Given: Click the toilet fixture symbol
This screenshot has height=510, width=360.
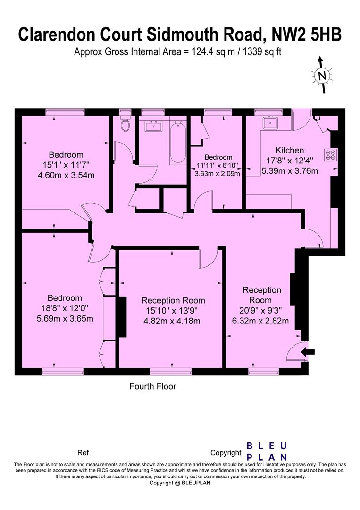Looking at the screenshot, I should (126, 125).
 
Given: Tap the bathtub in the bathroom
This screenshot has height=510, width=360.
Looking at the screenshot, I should (178, 142).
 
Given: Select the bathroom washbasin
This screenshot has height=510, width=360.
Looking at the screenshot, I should (154, 127).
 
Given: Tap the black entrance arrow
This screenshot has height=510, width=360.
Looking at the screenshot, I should (308, 351).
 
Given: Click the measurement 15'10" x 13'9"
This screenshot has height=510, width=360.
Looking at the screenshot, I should (173, 311).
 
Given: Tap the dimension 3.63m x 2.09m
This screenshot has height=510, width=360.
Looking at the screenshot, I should (218, 173).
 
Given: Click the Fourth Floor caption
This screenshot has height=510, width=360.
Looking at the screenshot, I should (152, 386).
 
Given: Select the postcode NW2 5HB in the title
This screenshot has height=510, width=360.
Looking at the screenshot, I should (307, 34).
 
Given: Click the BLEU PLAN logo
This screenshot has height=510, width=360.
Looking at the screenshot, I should (267, 451).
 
